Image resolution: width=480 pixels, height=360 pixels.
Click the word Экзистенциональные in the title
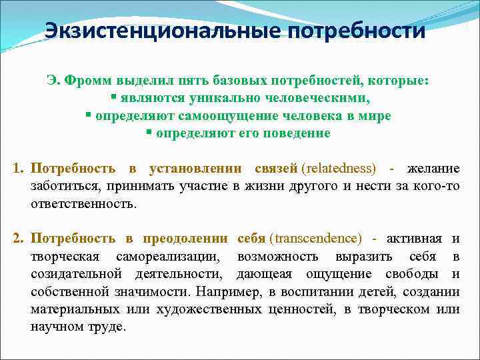163,31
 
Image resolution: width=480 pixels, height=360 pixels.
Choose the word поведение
300,133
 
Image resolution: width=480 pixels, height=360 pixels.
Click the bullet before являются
114,97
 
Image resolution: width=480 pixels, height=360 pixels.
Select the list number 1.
18,167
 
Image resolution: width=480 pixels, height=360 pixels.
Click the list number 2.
18,238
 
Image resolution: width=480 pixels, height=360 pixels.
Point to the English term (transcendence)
318,238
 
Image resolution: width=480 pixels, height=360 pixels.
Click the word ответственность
83,203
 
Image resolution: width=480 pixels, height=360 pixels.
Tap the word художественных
211,309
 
